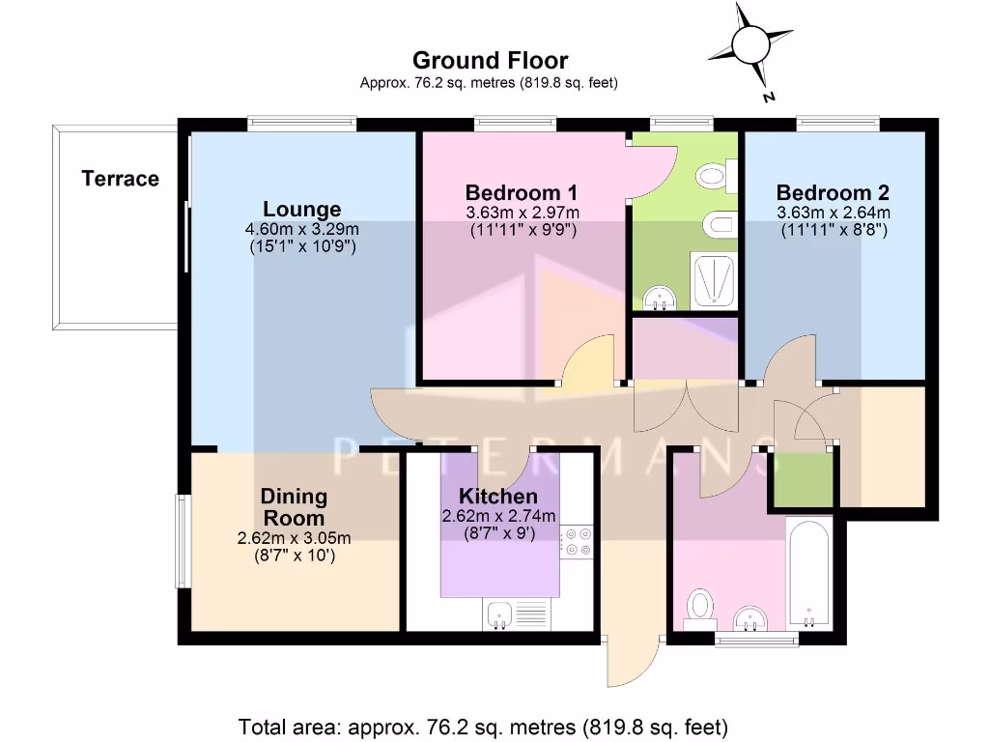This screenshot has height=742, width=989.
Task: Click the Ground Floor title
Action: [x=490, y=62]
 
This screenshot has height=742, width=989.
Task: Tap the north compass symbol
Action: [x=749, y=45]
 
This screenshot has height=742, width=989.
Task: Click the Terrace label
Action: [x=120, y=179]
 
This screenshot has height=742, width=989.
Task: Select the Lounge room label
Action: [x=301, y=210]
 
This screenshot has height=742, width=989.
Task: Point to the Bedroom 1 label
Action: [x=522, y=191]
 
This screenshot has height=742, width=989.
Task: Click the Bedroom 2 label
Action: [x=833, y=191]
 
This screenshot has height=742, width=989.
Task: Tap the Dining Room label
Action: [x=294, y=507]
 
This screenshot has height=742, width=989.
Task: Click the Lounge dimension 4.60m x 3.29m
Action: [x=301, y=230]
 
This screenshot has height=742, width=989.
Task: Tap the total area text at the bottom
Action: [x=483, y=725]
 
